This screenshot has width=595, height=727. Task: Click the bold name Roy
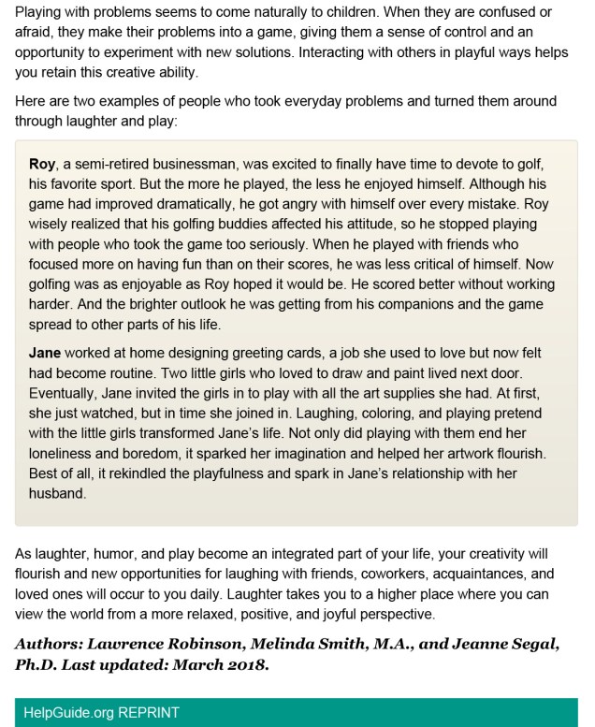click(43, 165)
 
